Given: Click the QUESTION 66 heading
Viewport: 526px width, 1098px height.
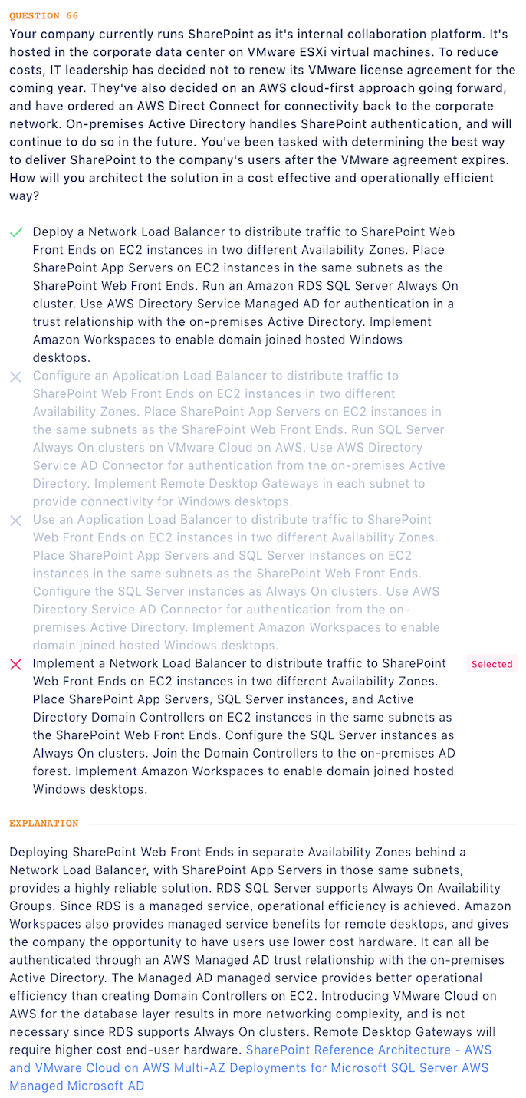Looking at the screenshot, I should click(x=44, y=15).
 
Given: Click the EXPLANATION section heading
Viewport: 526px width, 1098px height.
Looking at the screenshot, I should click(x=44, y=823).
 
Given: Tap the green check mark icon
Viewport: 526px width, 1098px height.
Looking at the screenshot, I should click(x=15, y=232).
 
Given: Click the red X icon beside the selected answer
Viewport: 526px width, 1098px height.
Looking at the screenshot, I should click(x=15, y=664).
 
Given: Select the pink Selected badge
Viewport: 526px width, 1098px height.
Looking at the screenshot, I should click(x=491, y=664).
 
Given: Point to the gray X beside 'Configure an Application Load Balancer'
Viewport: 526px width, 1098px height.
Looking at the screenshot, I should click(x=15, y=376).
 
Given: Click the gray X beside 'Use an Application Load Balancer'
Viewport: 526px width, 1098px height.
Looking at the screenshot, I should click(x=15, y=521).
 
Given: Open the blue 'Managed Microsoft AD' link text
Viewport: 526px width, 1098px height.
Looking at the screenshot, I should click(x=77, y=1086).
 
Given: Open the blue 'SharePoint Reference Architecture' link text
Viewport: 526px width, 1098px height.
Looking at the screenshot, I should click(x=348, y=1050).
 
